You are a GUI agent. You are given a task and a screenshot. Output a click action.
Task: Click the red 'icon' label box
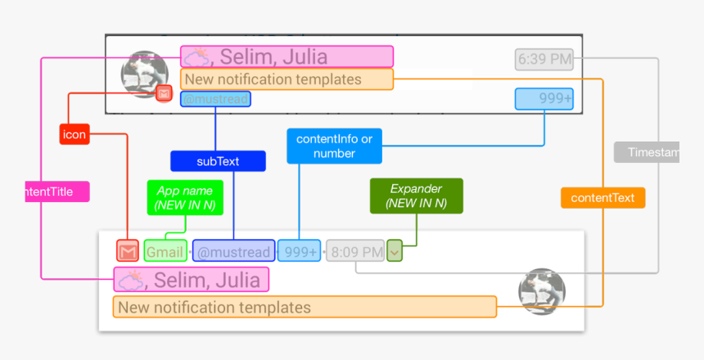[x=74, y=134]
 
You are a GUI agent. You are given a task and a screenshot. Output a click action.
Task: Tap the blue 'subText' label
[x=218, y=161]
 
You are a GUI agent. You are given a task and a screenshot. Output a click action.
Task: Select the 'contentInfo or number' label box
[x=334, y=146]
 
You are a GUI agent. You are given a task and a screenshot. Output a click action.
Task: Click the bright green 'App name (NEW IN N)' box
[x=185, y=197]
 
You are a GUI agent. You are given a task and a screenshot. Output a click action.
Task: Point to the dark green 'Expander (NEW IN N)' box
[x=416, y=196]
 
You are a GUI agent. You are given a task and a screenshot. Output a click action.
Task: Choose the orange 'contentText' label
[x=602, y=198]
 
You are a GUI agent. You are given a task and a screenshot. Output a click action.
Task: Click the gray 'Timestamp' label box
[x=648, y=152]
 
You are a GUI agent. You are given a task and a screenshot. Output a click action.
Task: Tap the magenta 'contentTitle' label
[x=57, y=192]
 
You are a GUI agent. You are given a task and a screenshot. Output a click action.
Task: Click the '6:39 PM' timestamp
[x=544, y=59]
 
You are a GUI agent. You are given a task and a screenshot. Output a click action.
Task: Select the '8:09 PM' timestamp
[x=354, y=250]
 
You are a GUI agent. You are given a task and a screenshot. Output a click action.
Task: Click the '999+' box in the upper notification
[x=544, y=99]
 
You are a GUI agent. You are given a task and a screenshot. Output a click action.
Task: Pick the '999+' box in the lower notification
[x=299, y=250]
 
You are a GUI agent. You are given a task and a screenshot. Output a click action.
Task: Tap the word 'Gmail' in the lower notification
[x=165, y=250]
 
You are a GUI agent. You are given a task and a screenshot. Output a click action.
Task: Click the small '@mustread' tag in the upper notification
[x=215, y=99]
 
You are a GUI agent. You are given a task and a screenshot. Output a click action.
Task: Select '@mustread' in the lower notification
[x=233, y=250]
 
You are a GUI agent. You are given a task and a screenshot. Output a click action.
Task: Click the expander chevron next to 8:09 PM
[x=395, y=250]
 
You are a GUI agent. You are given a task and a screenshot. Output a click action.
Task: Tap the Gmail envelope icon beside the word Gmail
[x=128, y=250]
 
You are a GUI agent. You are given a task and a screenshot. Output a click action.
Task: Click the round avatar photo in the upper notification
[x=144, y=74]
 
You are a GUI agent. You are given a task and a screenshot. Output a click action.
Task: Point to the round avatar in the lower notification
[x=542, y=291]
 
